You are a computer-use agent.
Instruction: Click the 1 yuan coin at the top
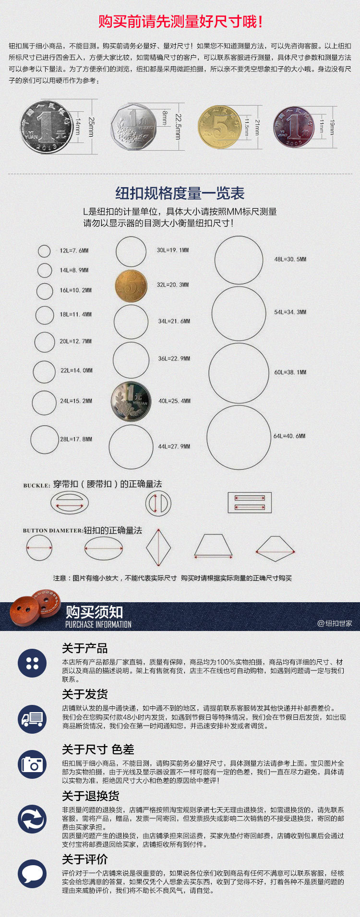click(47, 127)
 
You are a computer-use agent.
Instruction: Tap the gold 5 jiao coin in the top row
click(220, 127)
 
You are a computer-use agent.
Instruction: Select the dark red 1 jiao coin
click(294, 127)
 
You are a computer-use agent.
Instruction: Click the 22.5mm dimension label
click(178, 127)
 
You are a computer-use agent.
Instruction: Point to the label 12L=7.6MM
click(74, 250)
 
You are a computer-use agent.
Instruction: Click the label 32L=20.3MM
click(173, 285)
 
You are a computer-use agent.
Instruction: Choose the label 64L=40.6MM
click(289, 436)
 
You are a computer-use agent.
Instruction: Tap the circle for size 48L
click(239, 260)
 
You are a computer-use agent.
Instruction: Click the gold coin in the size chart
click(131, 286)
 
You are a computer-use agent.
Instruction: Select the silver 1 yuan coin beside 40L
click(131, 401)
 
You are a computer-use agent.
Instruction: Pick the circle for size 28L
click(45, 440)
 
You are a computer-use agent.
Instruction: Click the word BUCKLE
click(36, 486)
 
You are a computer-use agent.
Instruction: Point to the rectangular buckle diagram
click(250, 502)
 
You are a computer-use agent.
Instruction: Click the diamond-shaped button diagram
click(158, 547)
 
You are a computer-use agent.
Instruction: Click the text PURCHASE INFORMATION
click(98, 624)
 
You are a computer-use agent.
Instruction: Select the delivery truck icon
click(32, 719)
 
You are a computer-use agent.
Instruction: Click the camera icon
click(32, 764)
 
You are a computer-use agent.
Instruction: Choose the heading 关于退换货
click(91, 796)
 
